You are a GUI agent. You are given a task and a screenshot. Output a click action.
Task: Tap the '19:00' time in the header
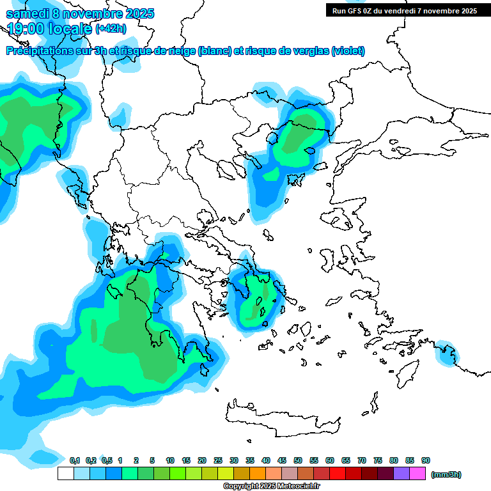point(23,29)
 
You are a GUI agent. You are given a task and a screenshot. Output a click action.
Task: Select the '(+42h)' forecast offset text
point(111,29)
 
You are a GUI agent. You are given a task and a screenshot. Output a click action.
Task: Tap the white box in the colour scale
point(65,474)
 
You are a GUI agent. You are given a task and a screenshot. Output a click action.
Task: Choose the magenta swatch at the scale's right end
point(417,474)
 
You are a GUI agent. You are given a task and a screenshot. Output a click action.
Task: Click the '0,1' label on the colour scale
point(74,461)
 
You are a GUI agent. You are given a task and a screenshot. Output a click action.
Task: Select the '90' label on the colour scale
point(426,461)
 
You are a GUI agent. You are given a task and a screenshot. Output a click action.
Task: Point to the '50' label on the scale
point(298,461)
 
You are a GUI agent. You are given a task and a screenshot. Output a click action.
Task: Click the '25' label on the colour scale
point(218,461)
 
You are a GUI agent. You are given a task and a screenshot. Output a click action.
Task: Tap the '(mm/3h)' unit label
point(446,474)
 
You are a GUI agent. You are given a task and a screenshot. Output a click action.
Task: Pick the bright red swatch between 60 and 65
point(338,474)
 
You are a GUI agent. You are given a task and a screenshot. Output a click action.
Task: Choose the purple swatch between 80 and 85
point(401,474)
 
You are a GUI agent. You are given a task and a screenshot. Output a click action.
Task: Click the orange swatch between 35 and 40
point(258,474)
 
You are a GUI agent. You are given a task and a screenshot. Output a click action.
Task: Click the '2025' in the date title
point(137,13)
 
